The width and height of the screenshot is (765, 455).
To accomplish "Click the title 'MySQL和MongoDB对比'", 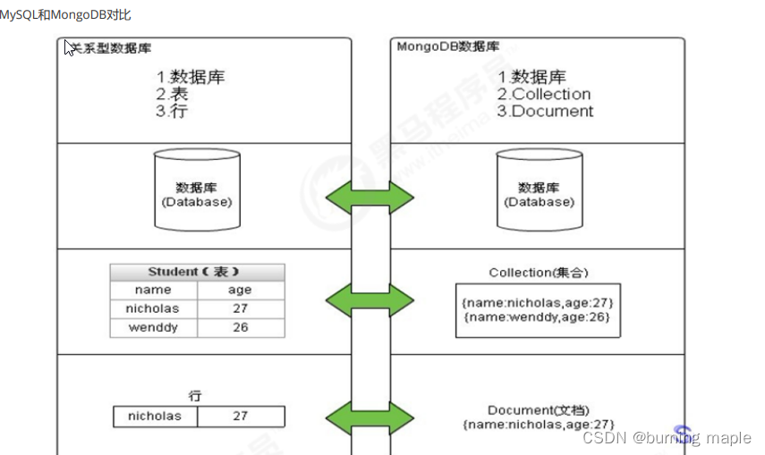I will point(65,15).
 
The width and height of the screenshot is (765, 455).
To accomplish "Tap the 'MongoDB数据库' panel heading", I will point(448,46).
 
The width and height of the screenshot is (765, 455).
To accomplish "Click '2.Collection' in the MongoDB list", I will point(545,94).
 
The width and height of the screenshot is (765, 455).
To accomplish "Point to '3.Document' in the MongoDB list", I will point(546,111).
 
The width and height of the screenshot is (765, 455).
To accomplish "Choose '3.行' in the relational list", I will point(172,111).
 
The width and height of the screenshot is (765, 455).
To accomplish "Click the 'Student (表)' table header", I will point(197,272).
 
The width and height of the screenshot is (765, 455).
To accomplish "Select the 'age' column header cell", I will point(240,290).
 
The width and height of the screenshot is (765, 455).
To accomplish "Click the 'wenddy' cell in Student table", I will point(153,327).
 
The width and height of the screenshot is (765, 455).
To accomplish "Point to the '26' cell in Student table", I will point(240,327).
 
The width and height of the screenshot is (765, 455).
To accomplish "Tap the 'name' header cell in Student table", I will point(153,290).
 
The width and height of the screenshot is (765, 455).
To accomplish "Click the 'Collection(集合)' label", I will point(539,273).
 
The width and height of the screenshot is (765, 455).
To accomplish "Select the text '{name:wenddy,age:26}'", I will point(539,317).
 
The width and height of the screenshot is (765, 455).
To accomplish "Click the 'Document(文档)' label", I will point(539,409).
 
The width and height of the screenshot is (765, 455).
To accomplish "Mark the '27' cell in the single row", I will point(240,416).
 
